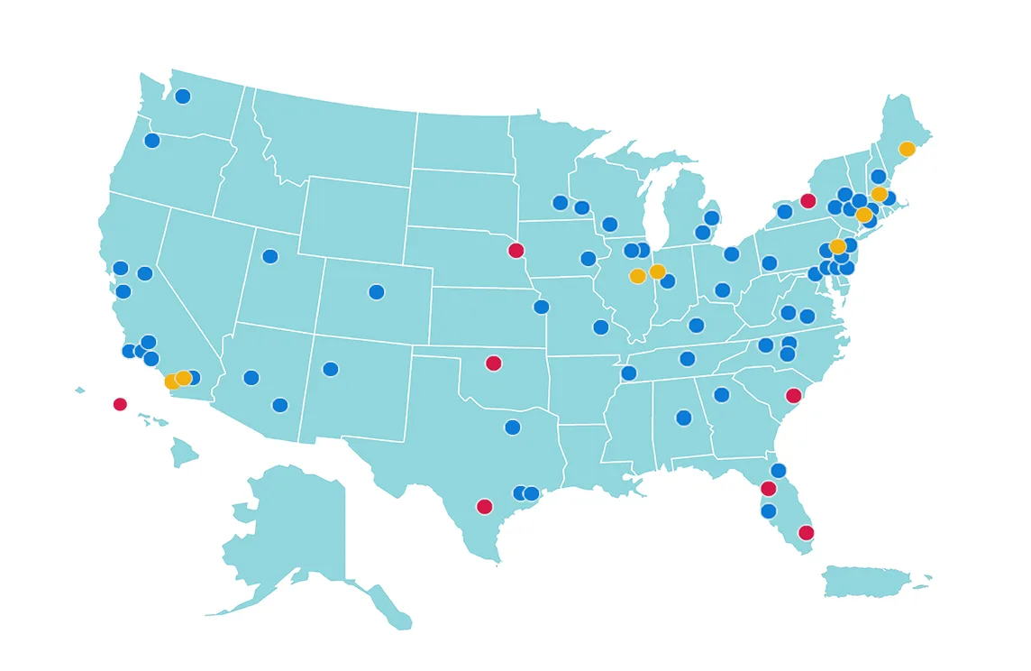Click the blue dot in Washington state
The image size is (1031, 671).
[x=183, y=97]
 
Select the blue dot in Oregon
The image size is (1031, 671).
[x=152, y=141]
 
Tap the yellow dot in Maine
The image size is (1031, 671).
[x=907, y=149]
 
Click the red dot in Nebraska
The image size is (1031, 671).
[x=515, y=251]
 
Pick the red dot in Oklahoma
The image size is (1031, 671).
[x=493, y=363]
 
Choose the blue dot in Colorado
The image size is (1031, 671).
[x=377, y=292]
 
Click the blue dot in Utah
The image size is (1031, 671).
[x=270, y=257]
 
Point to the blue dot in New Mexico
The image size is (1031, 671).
[x=331, y=369]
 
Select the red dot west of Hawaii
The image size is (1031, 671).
[x=120, y=404]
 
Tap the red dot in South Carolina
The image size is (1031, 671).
[x=793, y=396]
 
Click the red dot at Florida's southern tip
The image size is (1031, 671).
[x=806, y=533]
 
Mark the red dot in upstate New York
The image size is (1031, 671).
[x=807, y=201]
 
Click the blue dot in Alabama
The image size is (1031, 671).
[x=684, y=418]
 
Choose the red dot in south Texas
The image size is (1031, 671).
[x=484, y=507]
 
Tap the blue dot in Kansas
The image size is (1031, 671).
[x=542, y=307]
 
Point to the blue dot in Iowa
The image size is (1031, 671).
[x=588, y=259]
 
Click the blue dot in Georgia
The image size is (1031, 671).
[x=722, y=395]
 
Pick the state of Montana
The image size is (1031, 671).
[x=333, y=135]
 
